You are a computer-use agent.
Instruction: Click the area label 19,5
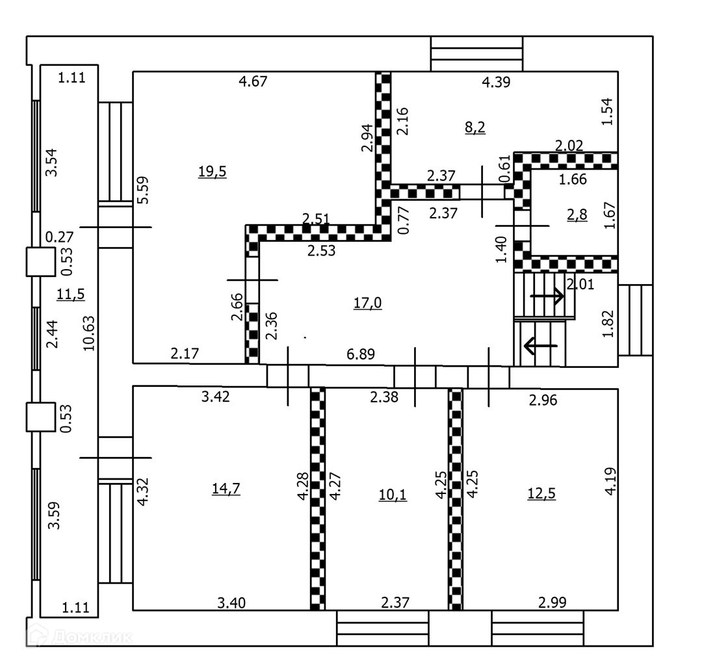[x=212, y=172]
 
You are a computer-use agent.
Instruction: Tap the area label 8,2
[x=474, y=127]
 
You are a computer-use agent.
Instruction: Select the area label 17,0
[x=367, y=302]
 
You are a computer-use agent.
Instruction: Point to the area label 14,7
[x=226, y=489]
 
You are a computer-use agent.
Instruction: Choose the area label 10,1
[x=393, y=495]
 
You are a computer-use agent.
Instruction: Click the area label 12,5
[x=541, y=493]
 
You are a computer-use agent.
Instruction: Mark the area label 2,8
[x=577, y=216]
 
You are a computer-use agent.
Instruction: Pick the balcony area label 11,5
[x=71, y=294]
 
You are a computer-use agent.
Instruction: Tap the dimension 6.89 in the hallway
[x=361, y=354]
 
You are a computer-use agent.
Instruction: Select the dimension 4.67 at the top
[x=253, y=81]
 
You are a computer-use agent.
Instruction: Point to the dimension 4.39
[x=495, y=82]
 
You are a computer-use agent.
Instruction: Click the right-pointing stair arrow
[x=547, y=296]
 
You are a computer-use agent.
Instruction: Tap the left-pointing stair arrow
[x=541, y=345]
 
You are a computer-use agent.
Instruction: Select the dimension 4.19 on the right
[x=610, y=481]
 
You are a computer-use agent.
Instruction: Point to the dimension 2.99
[x=552, y=603]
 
